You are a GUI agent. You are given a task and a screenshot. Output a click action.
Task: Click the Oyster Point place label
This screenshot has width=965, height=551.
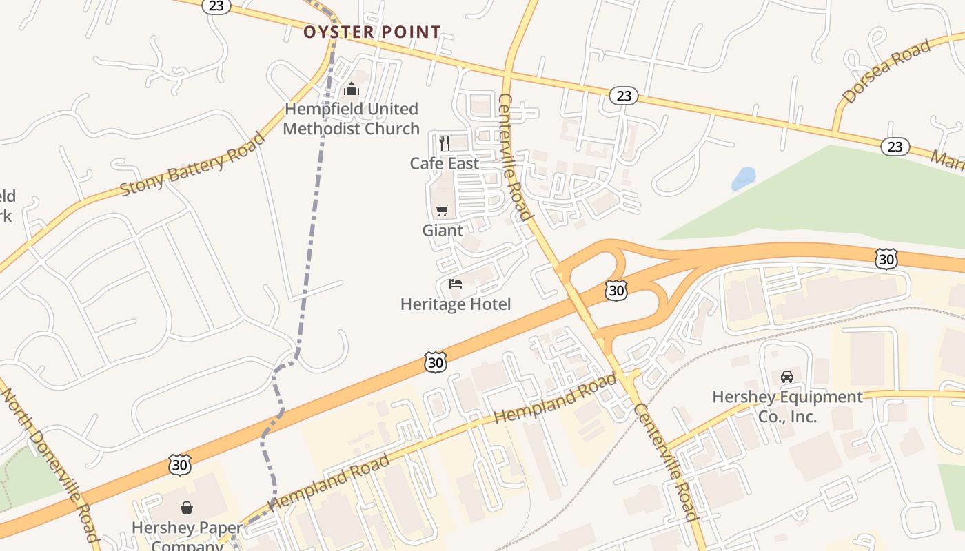click(372, 32)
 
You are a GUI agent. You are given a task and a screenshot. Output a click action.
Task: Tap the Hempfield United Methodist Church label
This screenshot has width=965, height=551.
click(352, 118)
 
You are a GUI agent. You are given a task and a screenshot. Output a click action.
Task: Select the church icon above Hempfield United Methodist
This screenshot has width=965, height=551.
click(352, 90)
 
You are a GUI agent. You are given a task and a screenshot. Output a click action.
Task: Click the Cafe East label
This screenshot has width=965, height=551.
click(444, 163)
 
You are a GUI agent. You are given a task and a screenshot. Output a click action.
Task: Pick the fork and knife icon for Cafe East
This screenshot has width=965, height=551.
click(445, 143)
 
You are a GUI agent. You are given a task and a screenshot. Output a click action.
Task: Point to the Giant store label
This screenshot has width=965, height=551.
click(443, 230)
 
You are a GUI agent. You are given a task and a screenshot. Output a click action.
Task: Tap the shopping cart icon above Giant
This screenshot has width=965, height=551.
click(442, 210)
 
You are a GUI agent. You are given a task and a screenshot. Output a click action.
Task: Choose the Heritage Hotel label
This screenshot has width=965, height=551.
click(456, 304)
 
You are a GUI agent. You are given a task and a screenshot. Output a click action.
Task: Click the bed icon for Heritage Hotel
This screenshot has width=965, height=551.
click(455, 283)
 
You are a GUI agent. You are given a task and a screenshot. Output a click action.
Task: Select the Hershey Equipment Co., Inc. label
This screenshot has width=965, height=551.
click(787, 406)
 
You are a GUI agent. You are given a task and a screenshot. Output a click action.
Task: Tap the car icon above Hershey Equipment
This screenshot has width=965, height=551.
click(786, 377)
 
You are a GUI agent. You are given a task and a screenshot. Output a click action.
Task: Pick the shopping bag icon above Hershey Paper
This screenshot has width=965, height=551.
click(186, 508)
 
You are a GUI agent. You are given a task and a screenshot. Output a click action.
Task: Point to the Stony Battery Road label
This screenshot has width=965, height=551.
click(192, 164)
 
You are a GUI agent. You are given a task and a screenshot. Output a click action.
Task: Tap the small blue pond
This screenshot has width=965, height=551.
click(743, 178)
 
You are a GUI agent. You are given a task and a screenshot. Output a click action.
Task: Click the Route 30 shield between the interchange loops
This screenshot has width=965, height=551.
click(616, 290)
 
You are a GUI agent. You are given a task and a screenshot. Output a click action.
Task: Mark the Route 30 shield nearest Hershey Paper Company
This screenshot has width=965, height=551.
click(179, 464)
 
